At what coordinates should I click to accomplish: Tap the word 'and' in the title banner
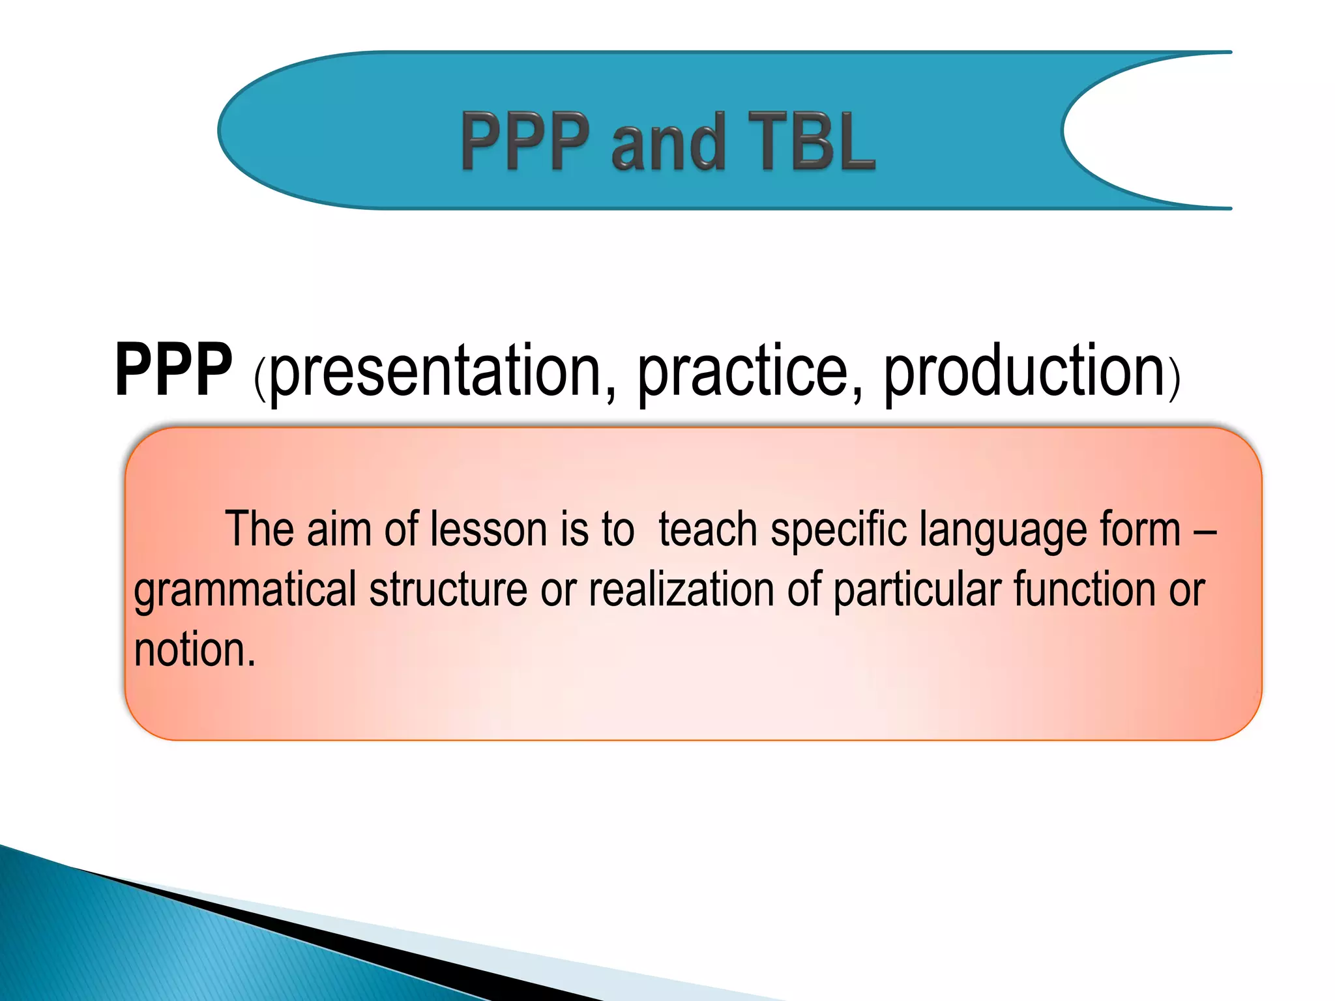[668, 141]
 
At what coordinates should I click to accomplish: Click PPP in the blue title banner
[525, 141]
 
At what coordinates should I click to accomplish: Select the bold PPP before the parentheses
[173, 370]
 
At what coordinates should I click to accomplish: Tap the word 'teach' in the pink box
[708, 529]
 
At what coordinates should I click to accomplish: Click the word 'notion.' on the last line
[194, 650]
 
